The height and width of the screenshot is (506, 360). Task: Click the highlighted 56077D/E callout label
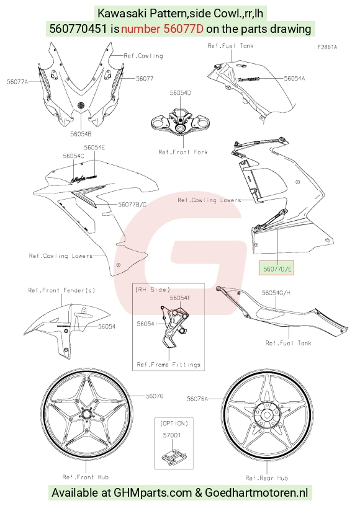276,269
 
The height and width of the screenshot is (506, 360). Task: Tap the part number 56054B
81,134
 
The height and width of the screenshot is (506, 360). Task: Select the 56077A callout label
17,82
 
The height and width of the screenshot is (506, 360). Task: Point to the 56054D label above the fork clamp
180,93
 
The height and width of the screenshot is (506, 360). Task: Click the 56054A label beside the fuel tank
294,78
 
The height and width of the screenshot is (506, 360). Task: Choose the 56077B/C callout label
132,204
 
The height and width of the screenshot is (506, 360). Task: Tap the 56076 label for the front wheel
155,396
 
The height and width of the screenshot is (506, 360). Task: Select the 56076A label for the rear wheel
197,399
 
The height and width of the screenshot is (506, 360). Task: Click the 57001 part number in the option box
172,435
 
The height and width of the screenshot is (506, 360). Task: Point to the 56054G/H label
276,293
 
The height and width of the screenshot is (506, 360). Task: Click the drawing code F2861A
327,47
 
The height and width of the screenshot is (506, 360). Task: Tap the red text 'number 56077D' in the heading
162,29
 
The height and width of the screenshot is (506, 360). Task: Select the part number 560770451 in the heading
78,29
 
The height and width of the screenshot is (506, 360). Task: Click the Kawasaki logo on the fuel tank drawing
249,78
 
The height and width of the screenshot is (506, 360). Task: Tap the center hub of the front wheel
86,414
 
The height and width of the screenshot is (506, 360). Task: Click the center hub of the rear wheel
267,415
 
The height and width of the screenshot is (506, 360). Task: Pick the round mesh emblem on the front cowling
81,105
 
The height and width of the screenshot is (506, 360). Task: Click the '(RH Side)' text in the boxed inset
152,290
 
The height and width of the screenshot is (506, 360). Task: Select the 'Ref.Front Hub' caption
86,477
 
